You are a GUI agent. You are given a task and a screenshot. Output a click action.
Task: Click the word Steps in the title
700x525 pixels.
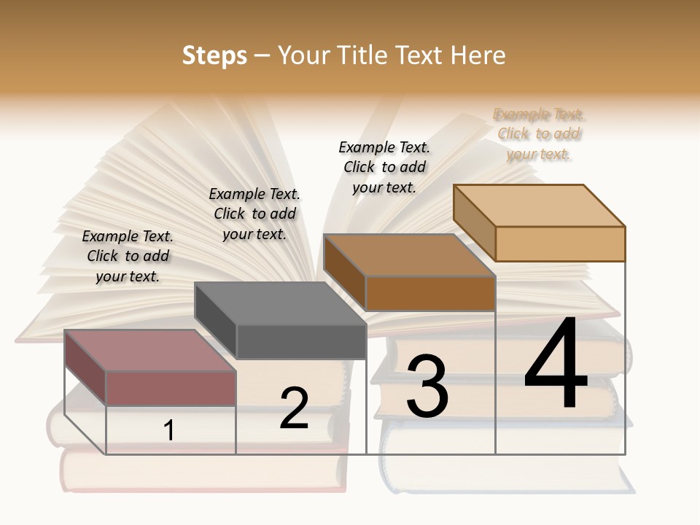coord(214,55)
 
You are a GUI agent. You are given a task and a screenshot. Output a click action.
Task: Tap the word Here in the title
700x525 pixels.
coord(478,55)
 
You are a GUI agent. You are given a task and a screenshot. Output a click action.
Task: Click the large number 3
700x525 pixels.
coord(427,386)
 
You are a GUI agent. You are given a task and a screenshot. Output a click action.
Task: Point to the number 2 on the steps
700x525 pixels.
coord(294,408)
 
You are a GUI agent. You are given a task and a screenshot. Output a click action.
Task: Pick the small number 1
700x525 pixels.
coord(169,430)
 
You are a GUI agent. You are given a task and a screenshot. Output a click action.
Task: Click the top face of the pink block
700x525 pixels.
coord(149,350)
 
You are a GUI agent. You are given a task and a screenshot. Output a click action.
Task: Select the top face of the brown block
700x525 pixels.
coord(408,255)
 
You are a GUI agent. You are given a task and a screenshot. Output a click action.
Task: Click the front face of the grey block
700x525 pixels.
coord(301,342)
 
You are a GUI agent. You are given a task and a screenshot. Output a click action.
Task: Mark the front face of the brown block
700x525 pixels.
coord(430,294)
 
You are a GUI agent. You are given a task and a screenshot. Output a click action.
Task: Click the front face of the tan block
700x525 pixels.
coord(560,244)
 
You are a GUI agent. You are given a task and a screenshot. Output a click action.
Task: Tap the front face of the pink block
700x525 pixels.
coord(171,388)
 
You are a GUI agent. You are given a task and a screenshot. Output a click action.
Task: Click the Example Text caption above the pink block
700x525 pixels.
coord(128,256)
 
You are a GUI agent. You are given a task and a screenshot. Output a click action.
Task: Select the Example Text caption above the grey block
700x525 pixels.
coord(254,214)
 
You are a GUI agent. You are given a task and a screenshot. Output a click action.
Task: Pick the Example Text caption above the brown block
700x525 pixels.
coord(384,167)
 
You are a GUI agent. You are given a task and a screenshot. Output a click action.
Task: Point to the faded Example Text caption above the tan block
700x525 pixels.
coord(539,134)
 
